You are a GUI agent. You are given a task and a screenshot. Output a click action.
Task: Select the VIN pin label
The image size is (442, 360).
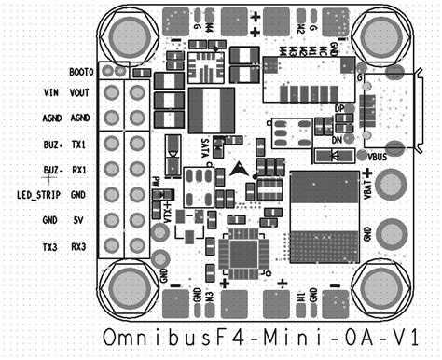click(x=51, y=93)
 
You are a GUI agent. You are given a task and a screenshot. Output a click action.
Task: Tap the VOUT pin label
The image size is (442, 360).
click(x=79, y=93)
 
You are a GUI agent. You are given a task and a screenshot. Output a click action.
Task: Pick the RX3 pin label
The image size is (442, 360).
click(x=79, y=247)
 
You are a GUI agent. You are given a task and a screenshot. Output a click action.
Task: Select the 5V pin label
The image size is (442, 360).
click(x=79, y=221)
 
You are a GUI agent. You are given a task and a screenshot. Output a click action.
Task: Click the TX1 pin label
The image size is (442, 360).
click(x=79, y=145)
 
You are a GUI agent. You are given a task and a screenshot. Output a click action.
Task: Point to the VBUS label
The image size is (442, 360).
click(x=379, y=156)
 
